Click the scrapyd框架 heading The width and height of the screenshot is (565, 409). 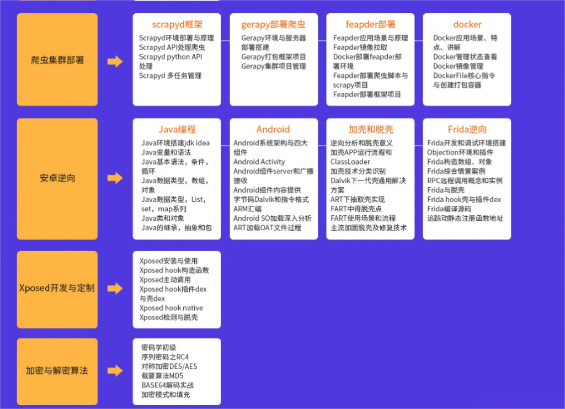coord(177,24)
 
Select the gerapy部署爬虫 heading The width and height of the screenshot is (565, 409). coord(274,24)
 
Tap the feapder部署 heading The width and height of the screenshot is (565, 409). coord(370,24)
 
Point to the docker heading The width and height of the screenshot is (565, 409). coord(467,24)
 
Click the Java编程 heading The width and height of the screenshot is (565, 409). coord(177,129)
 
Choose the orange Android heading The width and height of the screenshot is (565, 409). coord(273,129)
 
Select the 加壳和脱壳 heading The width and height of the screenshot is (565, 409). coord(370,129)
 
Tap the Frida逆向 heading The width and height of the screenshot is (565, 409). coord(467,129)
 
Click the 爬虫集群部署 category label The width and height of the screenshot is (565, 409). coord(57,60)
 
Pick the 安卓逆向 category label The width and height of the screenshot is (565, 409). coord(57,178)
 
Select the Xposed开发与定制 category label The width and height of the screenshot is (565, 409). coord(57,288)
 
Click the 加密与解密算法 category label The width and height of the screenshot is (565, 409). coord(57,370)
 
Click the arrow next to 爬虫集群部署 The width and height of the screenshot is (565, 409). coord(115,61)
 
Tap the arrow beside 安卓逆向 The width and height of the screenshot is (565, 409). coord(115,178)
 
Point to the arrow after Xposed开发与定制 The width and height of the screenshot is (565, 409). coord(115,288)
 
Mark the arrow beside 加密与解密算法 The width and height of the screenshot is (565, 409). coord(115,370)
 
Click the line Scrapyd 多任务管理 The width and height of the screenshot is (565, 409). coord(170,76)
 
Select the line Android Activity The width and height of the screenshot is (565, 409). coord(259,162)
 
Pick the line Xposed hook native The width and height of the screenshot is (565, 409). coord(171,308)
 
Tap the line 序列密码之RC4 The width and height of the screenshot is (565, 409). coord(165,357)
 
